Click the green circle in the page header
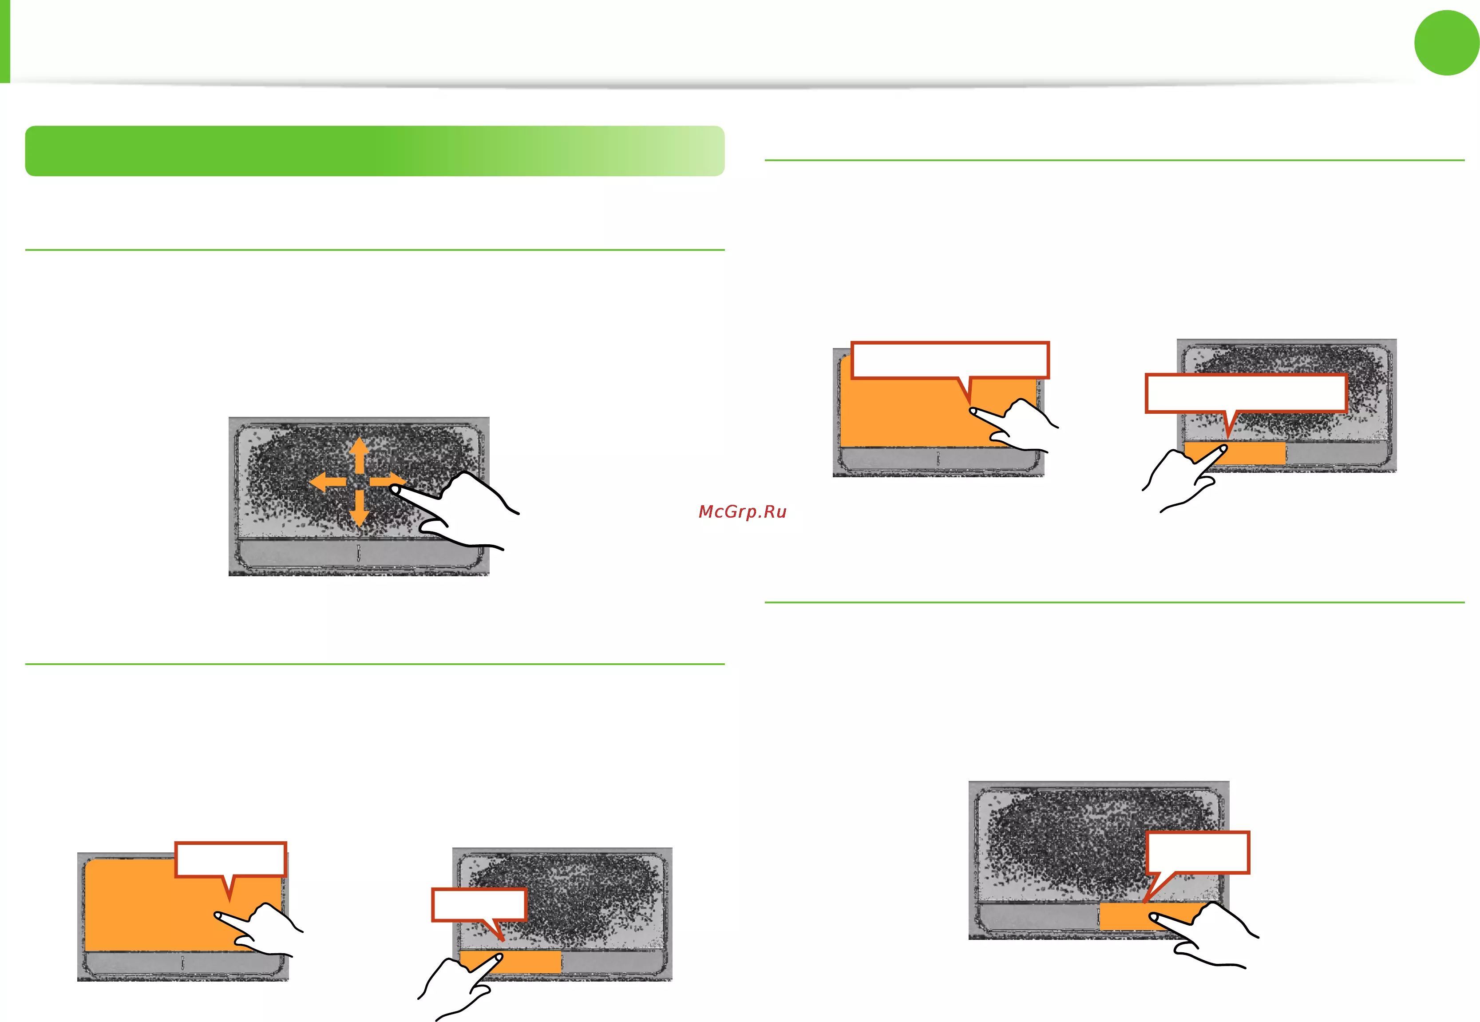(x=1446, y=43)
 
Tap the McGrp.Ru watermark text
(x=742, y=511)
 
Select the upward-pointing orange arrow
(x=359, y=456)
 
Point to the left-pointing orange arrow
(x=328, y=482)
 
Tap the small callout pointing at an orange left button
(x=479, y=908)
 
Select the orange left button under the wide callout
(x=1234, y=453)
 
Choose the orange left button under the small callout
(x=510, y=962)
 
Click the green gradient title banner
(x=375, y=151)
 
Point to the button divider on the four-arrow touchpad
(x=358, y=553)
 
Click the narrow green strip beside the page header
(x=4, y=42)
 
